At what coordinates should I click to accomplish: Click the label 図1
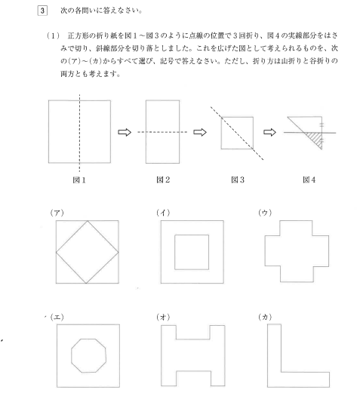point(78,182)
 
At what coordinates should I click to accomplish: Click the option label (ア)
point(60,214)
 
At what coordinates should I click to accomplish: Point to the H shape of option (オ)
point(192,355)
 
